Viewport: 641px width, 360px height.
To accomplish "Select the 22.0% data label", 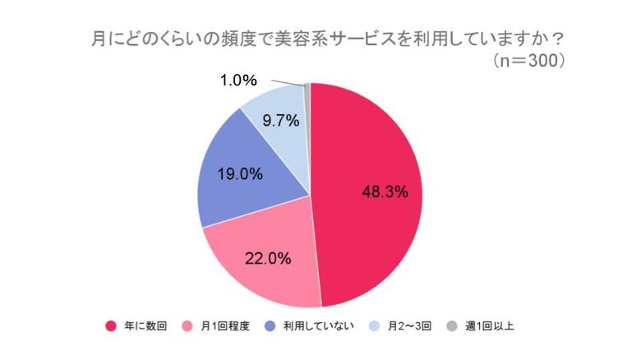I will click(x=268, y=258).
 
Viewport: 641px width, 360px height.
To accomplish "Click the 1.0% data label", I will click(x=239, y=81).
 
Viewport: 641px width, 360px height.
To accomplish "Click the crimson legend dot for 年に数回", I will click(x=111, y=326).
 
